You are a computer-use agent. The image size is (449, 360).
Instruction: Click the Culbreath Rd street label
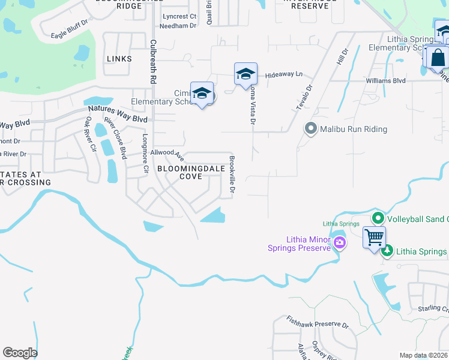[154, 62]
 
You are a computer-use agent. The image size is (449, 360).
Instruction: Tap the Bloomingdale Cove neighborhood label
[182, 173]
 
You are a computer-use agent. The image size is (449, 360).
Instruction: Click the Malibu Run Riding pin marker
[310, 129]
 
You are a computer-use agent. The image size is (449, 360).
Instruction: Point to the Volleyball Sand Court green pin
[378, 219]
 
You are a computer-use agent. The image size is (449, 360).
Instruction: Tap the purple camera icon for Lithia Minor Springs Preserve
[340, 242]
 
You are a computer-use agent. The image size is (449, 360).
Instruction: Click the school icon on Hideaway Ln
[246, 74]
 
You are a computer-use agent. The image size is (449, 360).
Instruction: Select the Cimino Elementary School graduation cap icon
[202, 94]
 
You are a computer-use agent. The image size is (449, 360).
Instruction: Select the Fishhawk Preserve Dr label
[318, 322]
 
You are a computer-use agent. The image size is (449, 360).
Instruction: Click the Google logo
[20, 353]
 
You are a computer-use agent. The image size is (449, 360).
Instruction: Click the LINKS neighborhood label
[118, 59]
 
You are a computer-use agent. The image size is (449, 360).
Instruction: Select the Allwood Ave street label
[167, 155]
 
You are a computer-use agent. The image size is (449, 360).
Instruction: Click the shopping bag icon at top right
[438, 58]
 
